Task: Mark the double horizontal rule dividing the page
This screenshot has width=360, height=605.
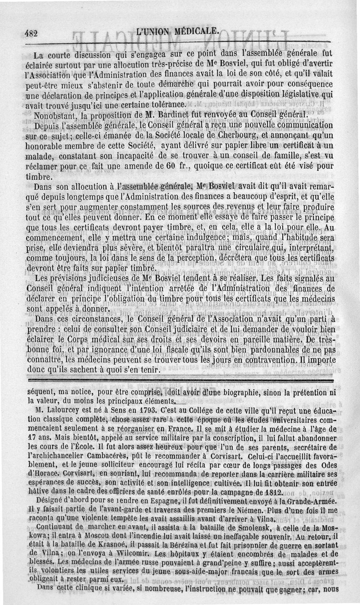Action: (x=180, y=381)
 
